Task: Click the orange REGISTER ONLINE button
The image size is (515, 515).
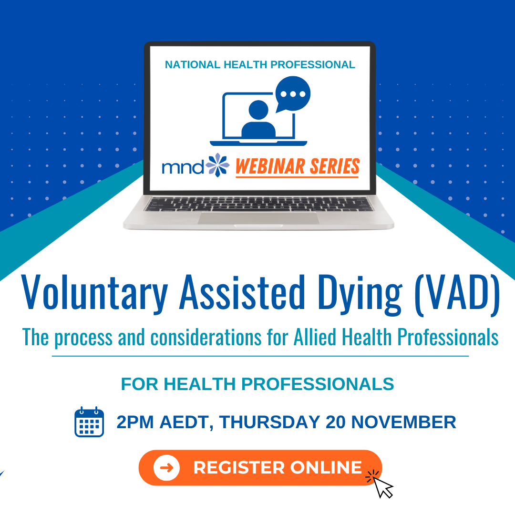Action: coord(260,467)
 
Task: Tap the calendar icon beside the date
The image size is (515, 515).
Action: coord(89,422)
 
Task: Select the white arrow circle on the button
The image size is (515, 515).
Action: coord(166,468)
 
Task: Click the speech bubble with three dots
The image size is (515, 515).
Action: coord(293,94)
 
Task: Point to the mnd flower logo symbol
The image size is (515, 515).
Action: coord(217,165)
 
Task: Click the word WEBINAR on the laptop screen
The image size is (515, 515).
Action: coord(270,166)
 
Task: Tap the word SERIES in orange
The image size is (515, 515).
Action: coord(335,166)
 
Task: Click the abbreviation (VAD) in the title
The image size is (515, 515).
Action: coord(457,293)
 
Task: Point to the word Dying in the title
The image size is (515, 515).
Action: coord(360,293)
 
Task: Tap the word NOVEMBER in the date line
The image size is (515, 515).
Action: coord(404,422)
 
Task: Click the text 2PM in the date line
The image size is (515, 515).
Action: coord(135,422)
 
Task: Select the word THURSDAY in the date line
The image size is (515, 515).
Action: coord(269,422)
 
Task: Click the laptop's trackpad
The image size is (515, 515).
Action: coord(258,218)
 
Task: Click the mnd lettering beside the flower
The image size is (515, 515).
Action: coord(183,167)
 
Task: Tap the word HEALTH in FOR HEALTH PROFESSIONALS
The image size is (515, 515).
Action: coord(200,384)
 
